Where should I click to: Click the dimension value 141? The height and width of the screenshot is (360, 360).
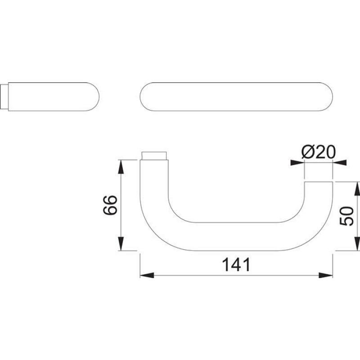point(236,265)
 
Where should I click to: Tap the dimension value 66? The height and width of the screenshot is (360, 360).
point(110,205)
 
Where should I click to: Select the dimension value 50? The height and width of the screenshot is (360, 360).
point(346,216)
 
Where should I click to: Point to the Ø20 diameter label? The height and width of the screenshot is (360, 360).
point(319,152)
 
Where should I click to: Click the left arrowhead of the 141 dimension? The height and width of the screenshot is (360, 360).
point(147,275)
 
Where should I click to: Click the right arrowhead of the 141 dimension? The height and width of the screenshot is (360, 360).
point(325,275)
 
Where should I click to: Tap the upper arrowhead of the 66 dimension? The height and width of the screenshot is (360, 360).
point(121,166)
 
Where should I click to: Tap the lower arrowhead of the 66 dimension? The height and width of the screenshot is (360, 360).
point(121,243)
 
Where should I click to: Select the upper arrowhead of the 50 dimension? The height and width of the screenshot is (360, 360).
point(357,189)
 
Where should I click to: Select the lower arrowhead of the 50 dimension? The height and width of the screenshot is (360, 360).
point(357,243)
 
